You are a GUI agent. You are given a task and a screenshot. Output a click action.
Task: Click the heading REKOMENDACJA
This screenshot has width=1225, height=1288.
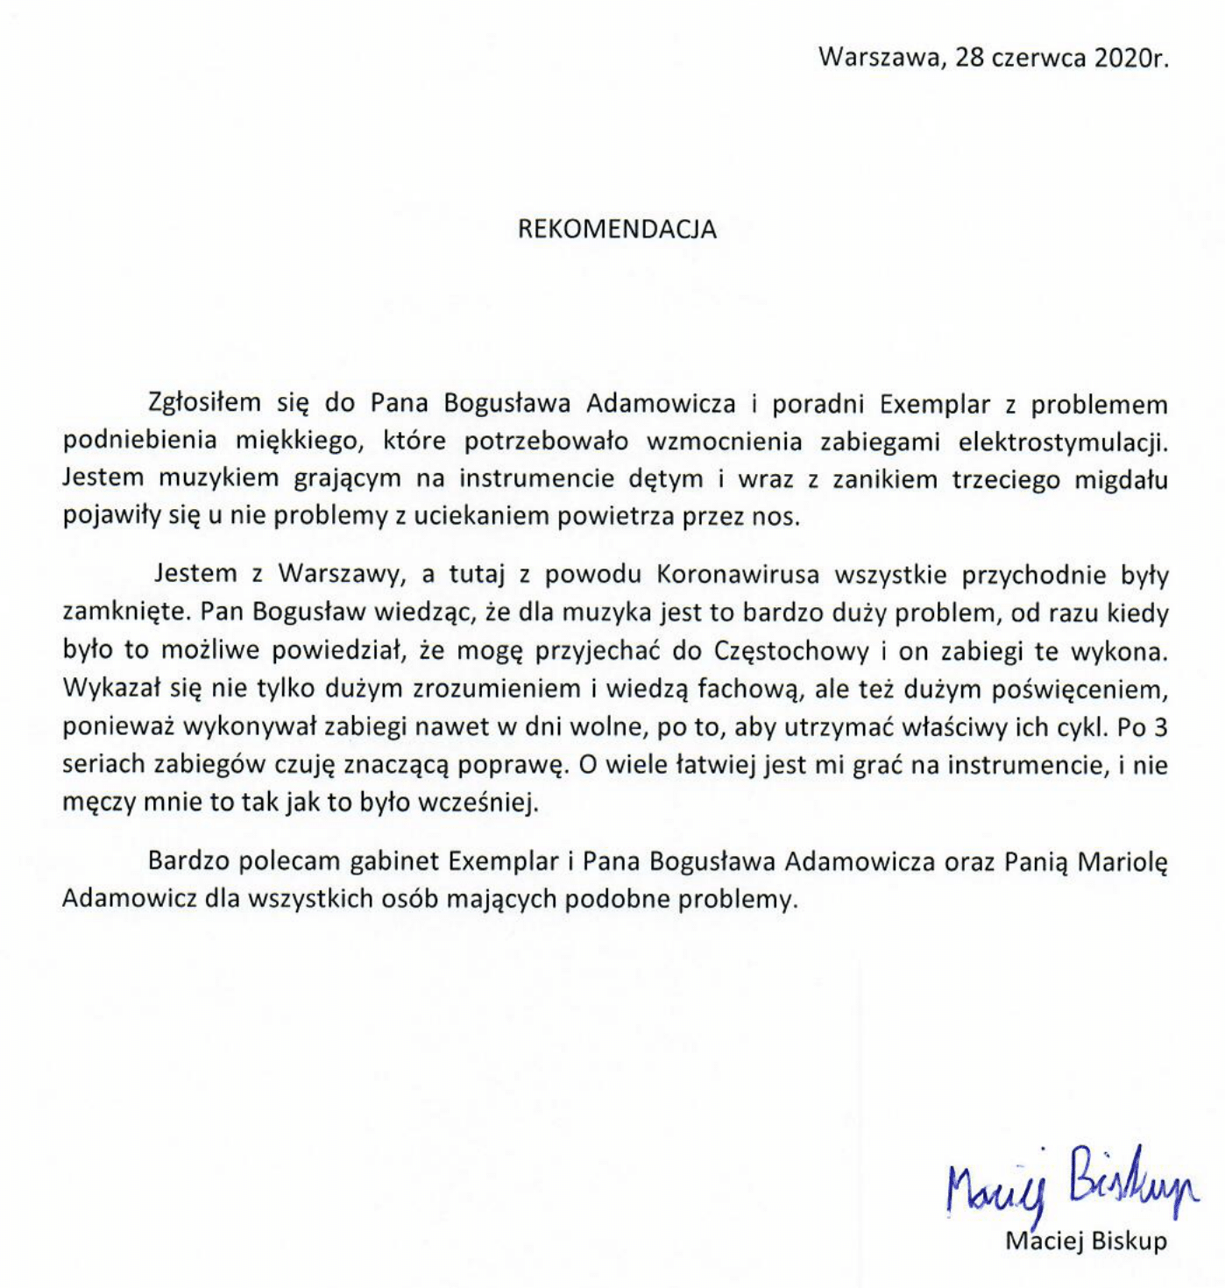coord(617,230)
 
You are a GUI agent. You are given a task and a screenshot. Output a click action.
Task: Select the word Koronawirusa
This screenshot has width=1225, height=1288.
coord(737,574)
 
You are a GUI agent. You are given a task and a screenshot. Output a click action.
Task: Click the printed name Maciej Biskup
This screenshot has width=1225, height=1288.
coord(1087,1241)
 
